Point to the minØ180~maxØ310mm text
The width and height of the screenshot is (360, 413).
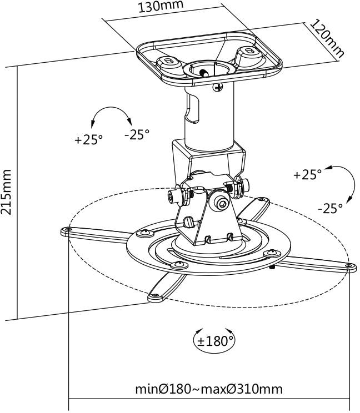[209, 389]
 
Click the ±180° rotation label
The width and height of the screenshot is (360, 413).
[214, 340]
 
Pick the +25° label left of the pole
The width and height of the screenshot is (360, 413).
[89, 139]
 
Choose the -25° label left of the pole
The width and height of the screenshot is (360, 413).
[136, 134]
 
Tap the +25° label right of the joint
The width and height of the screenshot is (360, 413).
[308, 174]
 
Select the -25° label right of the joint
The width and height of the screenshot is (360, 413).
[330, 209]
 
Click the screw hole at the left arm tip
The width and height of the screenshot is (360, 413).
[68, 229]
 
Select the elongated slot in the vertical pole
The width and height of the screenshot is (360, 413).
[192, 108]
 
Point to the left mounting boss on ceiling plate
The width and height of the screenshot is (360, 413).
[166, 62]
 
